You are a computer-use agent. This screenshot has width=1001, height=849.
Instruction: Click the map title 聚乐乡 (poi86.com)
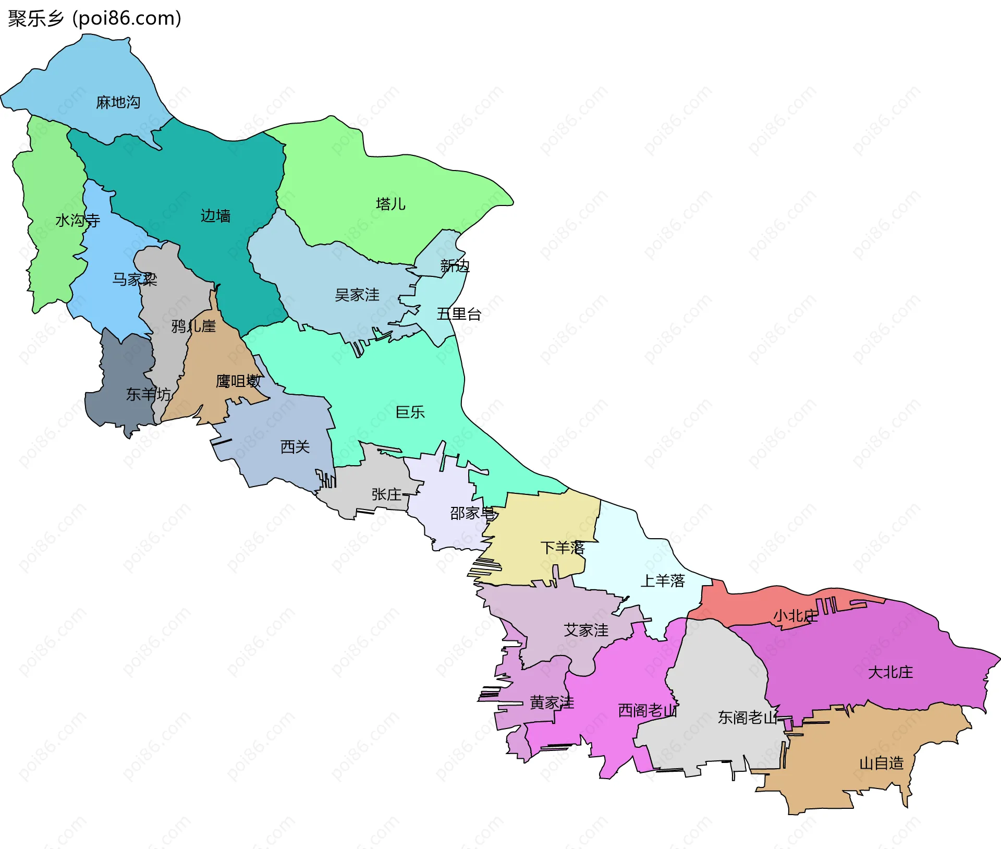point(94,19)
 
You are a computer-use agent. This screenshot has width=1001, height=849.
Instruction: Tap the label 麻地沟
point(118,102)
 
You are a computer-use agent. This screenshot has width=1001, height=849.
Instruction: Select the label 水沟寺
point(78,221)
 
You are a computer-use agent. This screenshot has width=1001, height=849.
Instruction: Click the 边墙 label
point(216,216)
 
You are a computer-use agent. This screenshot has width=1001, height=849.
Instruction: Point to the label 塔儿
point(390,204)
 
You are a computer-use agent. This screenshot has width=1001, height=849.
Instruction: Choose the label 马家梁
point(135,280)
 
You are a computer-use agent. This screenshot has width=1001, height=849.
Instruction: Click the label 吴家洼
point(357,295)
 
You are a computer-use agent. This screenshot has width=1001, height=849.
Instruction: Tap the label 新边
point(455,266)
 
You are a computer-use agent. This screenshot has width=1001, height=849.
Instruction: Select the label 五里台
point(459,314)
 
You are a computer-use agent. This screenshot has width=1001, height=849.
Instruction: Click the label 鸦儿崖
point(193,326)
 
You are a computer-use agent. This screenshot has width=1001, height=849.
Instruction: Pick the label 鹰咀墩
point(238,381)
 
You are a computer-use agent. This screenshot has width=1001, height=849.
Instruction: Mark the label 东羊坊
point(149,394)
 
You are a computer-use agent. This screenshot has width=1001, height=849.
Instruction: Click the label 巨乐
point(410,413)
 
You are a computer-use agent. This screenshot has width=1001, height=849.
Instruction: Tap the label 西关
point(295,447)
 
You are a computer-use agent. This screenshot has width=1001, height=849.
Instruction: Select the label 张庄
point(386,494)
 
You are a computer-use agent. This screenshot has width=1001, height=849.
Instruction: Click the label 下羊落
point(563,548)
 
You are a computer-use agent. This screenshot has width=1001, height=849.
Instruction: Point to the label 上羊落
point(662,581)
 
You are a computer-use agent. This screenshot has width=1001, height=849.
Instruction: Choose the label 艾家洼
point(586,630)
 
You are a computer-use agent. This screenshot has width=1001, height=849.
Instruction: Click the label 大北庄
point(890,672)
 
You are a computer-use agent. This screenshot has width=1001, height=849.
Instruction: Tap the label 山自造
point(881,763)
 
